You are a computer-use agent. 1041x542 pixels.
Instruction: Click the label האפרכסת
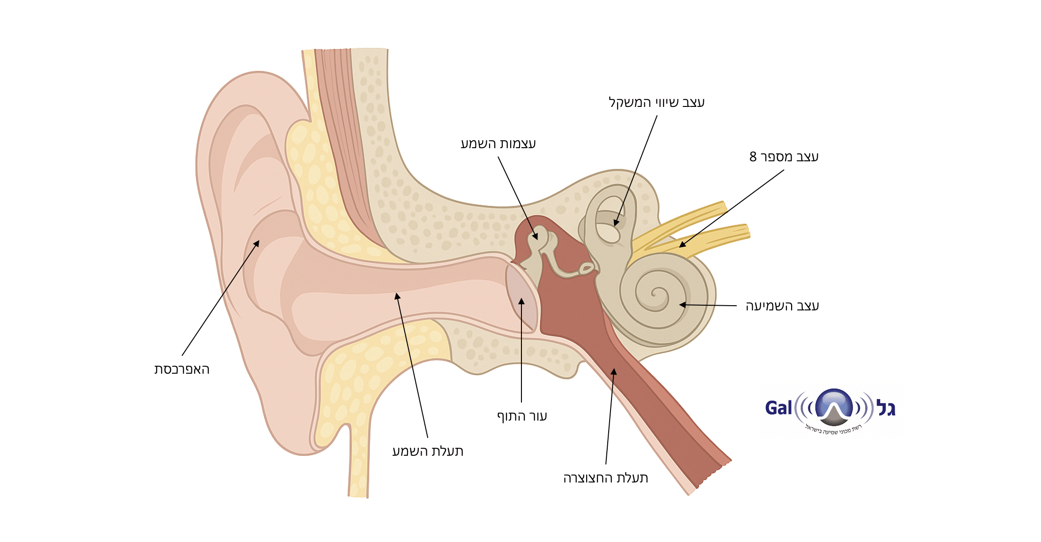click(182, 369)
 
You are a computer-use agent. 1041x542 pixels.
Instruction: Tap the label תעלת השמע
click(428, 451)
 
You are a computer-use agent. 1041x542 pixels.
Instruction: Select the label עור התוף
click(522, 416)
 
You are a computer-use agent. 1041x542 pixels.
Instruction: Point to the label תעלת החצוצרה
click(605, 478)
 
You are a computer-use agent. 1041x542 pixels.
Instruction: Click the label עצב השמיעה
click(782, 306)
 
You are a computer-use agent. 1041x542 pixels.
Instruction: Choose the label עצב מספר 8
click(784, 157)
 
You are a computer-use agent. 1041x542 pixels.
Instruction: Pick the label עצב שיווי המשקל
click(656, 102)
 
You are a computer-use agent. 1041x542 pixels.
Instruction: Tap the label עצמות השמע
click(498, 143)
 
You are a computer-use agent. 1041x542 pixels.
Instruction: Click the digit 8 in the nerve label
click(753, 157)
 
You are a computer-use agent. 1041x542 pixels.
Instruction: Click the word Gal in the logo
click(778, 408)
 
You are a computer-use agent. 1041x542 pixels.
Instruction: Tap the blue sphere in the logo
click(834, 404)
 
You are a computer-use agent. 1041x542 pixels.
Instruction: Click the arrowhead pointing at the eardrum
click(521, 301)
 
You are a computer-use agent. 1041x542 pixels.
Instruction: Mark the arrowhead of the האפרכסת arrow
click(257, 243)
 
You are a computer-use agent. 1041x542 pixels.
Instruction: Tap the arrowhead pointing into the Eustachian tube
click(614, 371)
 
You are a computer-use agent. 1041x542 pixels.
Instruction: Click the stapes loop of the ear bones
click(586, 269)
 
